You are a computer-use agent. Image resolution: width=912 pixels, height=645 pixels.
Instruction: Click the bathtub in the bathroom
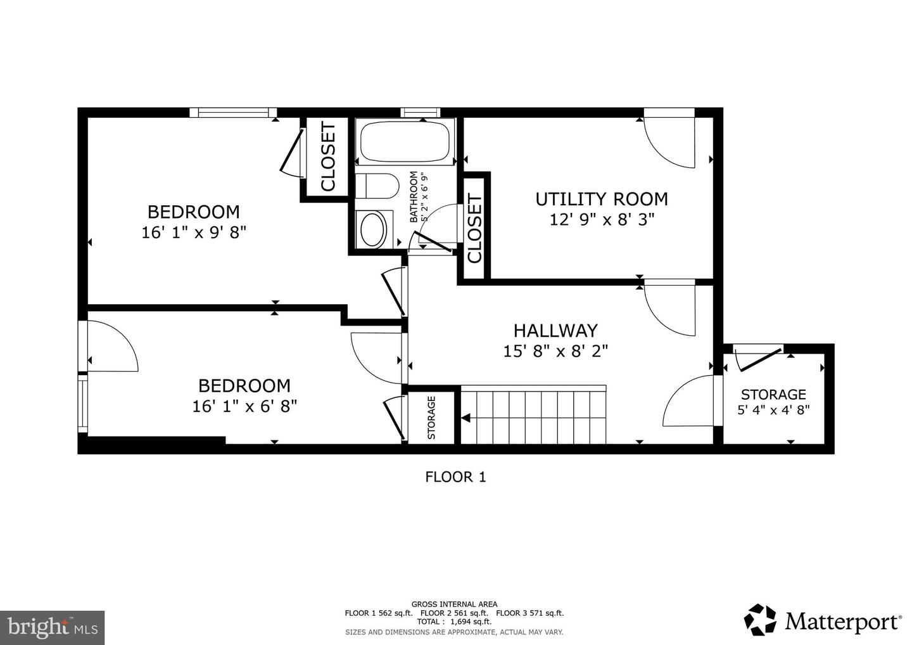click(x=405, y=142)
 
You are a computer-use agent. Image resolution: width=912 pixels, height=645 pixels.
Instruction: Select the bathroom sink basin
click(x=372, y=229)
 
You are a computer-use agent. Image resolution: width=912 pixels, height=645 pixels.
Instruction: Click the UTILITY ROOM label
click(x=602, y=199)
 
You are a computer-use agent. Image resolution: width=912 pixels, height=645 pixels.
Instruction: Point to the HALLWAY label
click(x=555, y=331)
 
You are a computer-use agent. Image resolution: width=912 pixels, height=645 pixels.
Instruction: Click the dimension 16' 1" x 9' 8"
click(x=193, y=233)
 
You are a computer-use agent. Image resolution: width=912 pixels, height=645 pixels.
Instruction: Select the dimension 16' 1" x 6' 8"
click(x=244, y=406)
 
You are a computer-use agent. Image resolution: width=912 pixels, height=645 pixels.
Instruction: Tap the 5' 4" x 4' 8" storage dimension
click(x=773, y=410)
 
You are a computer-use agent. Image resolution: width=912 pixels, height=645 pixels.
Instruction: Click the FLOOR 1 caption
click(x=455, y=477)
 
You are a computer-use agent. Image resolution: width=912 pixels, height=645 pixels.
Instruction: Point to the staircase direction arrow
click(x=465, y=418)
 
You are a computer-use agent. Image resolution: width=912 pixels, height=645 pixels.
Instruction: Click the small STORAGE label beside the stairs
click(x=431, y=418)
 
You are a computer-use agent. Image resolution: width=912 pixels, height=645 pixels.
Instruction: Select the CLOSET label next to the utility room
click(x=474, y=229)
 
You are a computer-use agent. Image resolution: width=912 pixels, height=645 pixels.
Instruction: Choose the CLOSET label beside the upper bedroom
click(x=327, y=157)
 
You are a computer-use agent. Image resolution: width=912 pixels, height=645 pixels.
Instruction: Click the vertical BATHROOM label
click(x=414, y=197)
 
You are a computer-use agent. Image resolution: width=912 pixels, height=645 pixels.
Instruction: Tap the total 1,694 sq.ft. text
click(x=454, y=622)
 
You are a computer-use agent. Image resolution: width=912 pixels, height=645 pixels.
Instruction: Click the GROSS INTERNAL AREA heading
click(x=454, y=604)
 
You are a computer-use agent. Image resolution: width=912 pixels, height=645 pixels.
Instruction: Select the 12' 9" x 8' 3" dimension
click(x=602, y=220)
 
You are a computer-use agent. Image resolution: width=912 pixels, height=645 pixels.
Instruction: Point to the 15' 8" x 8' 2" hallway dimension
click(x=555, y=351)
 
